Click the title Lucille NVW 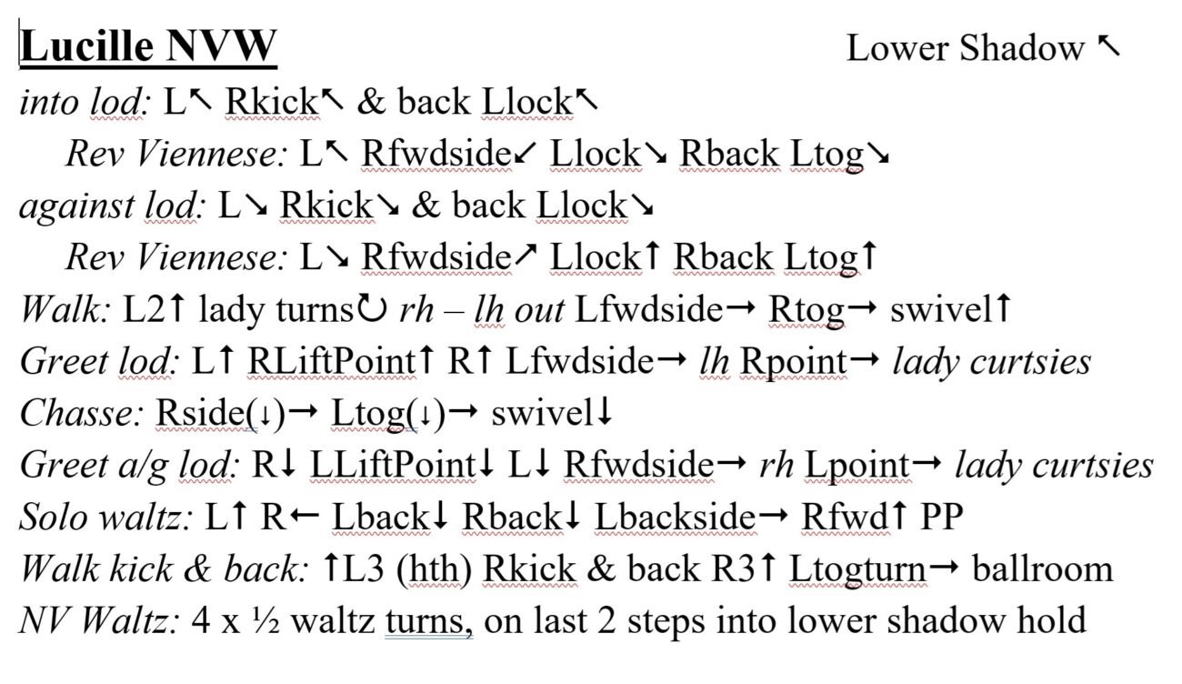(148, 46)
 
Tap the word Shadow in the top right (1021, 48)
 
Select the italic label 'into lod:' (85, 102)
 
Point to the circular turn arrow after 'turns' (372, 308)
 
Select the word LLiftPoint (393, 466)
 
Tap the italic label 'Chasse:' (81, 413)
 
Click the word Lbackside (676, 517)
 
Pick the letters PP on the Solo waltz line (942, 517)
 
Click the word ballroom (1043, 569)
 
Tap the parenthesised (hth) (434, 570)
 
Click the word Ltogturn (858, 570)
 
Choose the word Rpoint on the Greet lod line (794, 363)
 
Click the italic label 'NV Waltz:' (100, 620)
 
